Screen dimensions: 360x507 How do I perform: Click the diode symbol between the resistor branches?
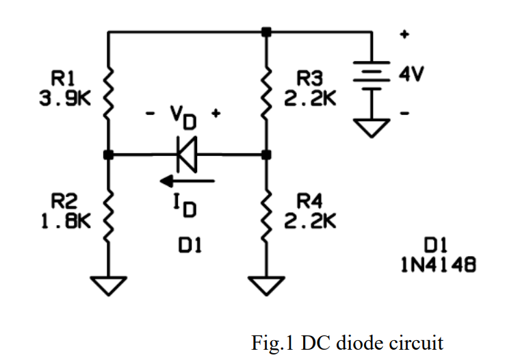pos(186,155)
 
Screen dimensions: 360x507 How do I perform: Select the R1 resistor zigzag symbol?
pos(108,96)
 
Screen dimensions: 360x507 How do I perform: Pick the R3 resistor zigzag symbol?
pos(267,96)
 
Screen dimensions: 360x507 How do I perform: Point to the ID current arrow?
pos(187,181)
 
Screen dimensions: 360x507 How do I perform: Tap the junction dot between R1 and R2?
pos(108,155)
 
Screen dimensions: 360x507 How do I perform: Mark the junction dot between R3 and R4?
pos(267,155)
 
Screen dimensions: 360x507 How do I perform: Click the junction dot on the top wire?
pos(267,31)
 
